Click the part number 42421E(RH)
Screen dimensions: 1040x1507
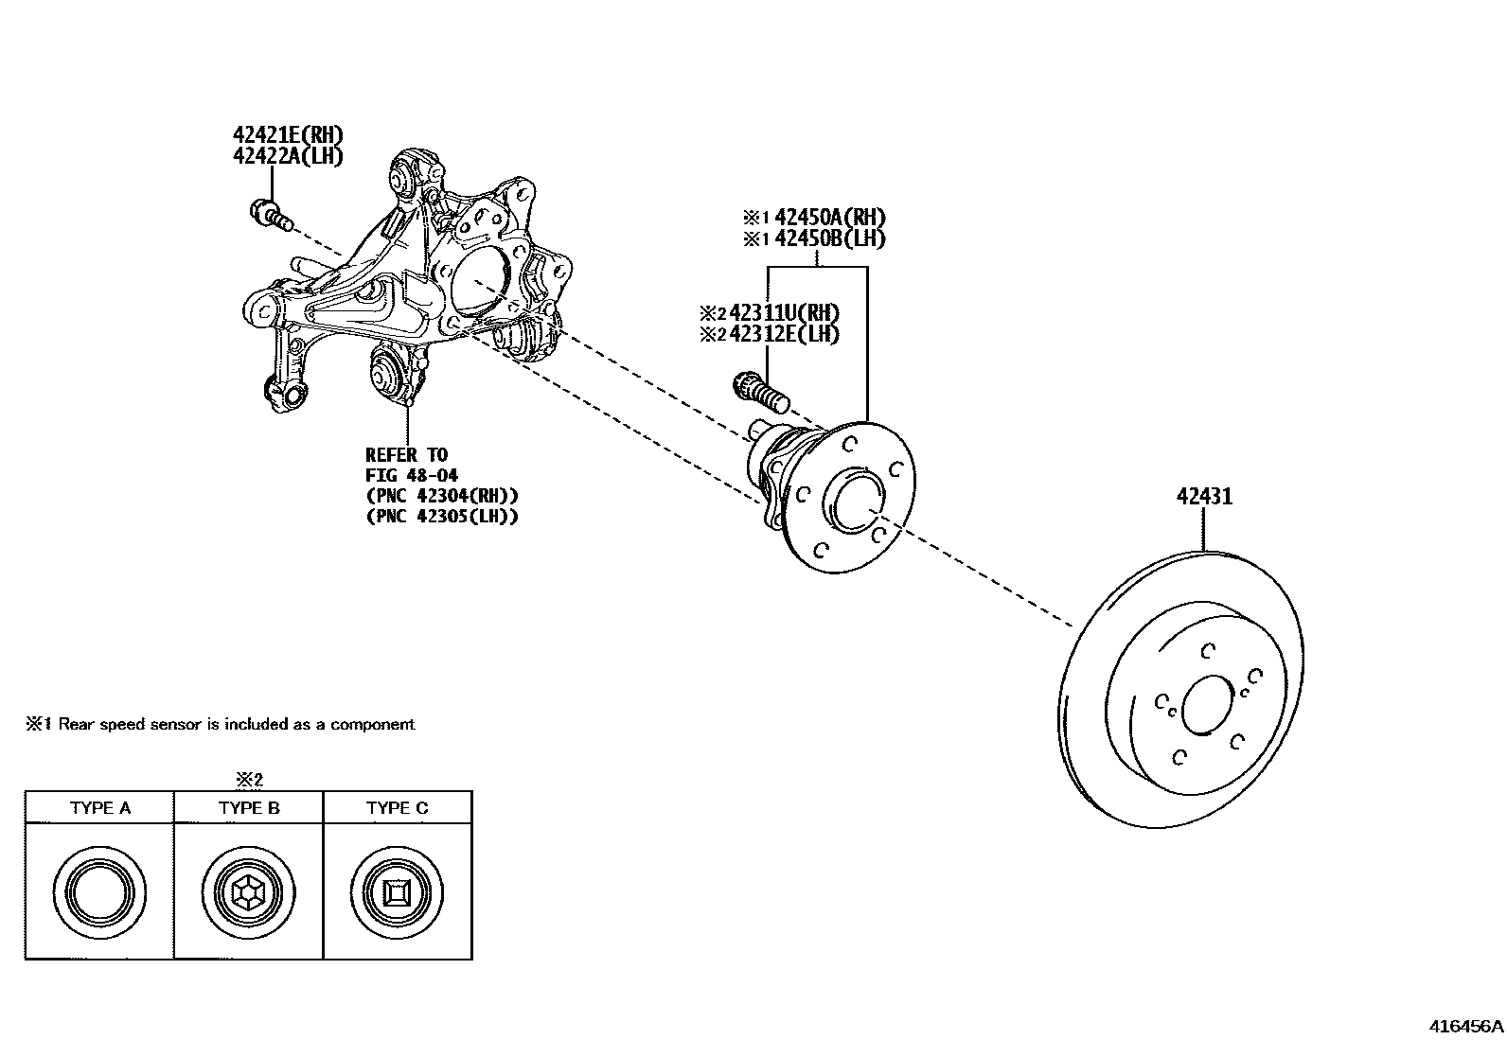point(288,134)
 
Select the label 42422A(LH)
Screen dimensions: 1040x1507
point(288,156)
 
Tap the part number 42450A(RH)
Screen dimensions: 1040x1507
point(830,217)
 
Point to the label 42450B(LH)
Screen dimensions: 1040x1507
point(830,238)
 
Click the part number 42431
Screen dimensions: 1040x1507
point(1204,496)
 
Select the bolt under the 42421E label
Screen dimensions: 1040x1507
point(268,214)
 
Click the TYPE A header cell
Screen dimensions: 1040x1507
point(99,808)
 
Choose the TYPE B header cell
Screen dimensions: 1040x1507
point(249,808)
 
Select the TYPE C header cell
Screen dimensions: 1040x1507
point(398,808)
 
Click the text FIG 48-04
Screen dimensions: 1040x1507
point(412,475)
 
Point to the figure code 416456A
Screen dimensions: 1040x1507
point(1465,1026)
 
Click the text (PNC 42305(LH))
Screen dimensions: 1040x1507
point(441,517)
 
